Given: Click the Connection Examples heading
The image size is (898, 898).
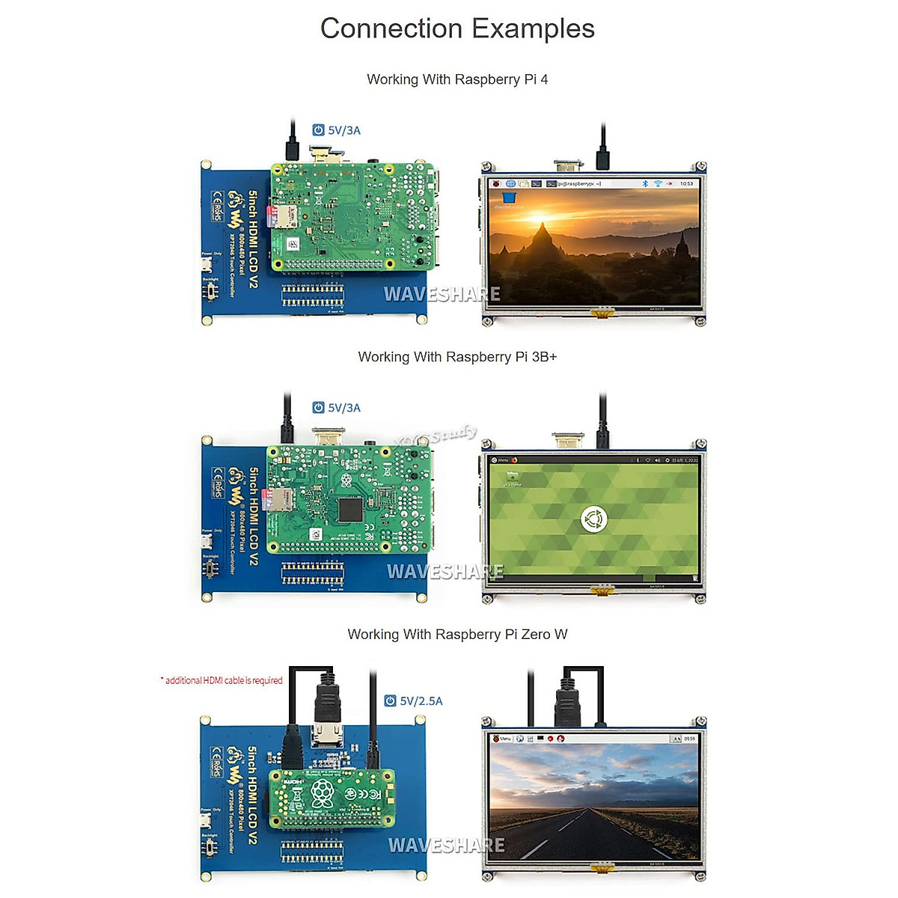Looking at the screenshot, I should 457,28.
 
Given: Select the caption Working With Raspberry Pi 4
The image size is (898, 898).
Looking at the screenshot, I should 457,79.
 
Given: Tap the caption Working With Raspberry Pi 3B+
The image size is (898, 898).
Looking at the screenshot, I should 457,357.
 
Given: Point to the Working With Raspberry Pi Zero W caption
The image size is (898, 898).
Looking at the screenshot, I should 457,635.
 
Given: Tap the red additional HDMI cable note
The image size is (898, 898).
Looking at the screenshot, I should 222,680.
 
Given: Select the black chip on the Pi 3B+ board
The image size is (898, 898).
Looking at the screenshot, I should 350,510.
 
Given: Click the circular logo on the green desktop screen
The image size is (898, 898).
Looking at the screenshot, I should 593,519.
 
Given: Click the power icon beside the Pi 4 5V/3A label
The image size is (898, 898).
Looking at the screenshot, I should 318,130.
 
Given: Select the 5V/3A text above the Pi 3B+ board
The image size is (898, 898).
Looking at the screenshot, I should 344,408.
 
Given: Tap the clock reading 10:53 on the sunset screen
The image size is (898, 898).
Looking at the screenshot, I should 686,183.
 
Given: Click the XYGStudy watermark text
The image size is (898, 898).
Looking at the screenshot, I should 436,435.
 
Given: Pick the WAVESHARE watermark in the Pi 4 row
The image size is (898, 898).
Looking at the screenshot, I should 442,294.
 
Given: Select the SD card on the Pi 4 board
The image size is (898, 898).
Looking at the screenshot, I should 285,217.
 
